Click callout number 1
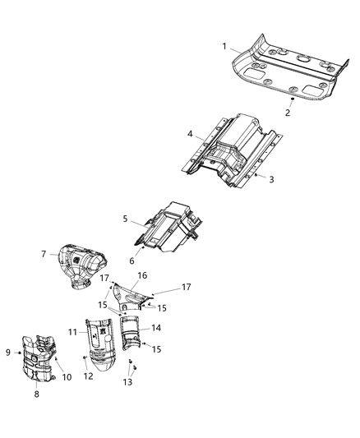click(x=224, y=48)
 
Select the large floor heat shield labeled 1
click(x=288, y=70)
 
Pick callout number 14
click(x=157, y=327)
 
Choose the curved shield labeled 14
click(x=133, y=335)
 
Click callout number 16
click(x=141, y=275)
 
